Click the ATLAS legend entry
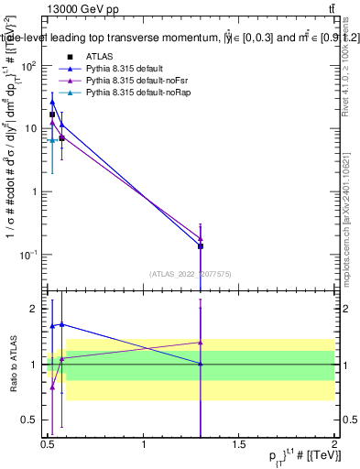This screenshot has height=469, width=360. tap(99, 56)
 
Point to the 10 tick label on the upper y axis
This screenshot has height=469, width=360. tap(30, 128)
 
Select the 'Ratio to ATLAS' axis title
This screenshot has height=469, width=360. tap(12, 364)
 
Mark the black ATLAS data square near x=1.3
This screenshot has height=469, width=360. tap(200, 246)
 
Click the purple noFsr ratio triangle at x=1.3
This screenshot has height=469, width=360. tap(200, 343)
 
